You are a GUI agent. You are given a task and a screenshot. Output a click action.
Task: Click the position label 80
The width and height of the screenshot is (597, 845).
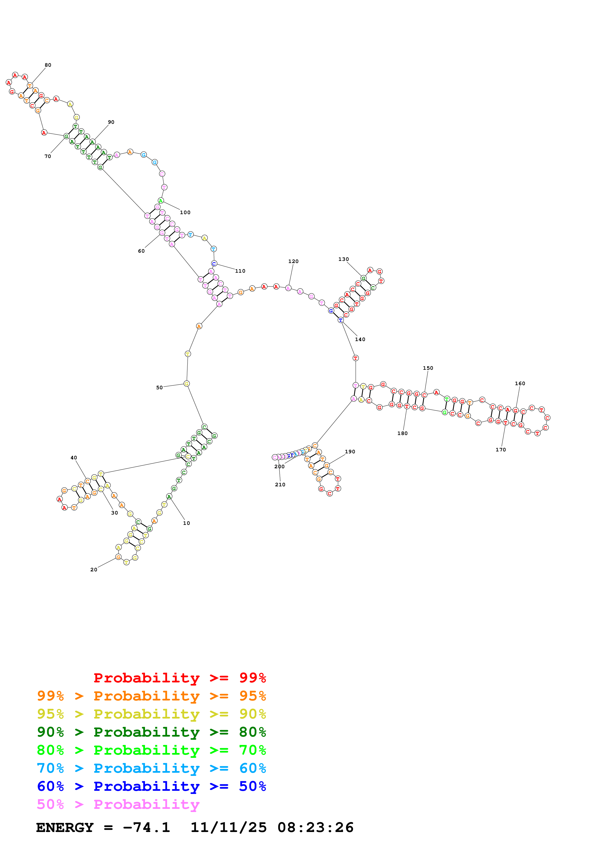[48, 65]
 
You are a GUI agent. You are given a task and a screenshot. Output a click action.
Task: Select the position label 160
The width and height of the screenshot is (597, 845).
[520, 383]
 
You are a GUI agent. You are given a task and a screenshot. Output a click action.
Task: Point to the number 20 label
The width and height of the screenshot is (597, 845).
[94, 570]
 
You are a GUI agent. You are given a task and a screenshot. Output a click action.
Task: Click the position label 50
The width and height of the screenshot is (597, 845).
[159, 388]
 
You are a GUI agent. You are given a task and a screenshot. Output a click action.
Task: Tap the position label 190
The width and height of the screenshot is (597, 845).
[350, 452]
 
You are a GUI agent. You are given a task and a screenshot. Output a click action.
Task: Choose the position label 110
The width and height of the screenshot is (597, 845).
[240, 271]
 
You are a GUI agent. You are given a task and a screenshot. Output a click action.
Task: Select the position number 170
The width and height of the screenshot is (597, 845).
[501, 450]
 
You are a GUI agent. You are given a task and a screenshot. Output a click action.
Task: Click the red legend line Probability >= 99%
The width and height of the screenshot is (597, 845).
[179, 678]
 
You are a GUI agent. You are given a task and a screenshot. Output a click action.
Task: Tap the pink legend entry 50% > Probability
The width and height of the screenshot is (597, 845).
[118, 805]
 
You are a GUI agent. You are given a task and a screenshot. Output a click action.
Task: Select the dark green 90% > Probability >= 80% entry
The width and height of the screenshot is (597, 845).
[151, 732]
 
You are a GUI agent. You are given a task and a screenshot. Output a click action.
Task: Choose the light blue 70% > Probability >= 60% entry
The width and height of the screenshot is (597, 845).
[151, 768]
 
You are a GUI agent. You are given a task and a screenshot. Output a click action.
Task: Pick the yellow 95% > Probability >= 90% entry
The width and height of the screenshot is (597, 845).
[151, 714]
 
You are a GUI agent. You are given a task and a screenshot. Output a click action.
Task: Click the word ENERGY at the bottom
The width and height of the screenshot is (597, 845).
[65, 828]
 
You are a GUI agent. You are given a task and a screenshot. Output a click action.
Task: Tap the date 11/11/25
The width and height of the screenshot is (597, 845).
[229, 828]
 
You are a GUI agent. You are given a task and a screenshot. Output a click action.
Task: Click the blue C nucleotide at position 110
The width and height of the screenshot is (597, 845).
[214, 264]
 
